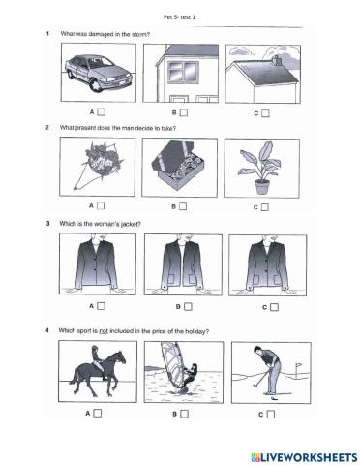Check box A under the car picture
(x=100, y=111)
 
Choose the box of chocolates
(x=178, y=167)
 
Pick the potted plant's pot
(x=260, y=184)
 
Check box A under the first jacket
(x=100, y=306)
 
